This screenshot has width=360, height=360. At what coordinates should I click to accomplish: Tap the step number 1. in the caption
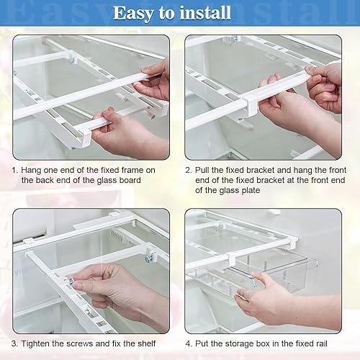click(x=15, y=170)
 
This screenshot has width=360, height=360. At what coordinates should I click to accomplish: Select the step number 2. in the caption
click(x=189, y=170)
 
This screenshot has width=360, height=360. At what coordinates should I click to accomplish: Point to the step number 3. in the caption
click(x=14, y=343)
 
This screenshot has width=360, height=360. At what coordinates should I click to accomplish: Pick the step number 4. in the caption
click(x=189, y=343)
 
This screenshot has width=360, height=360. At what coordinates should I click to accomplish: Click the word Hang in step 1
click(x=30, y=171)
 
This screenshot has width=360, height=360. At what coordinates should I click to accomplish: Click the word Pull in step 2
click(x=202, y=170)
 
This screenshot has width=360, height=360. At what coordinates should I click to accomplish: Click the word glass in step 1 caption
click(x=107, y=181)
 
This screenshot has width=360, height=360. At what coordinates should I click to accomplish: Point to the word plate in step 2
click(x=251, y=191)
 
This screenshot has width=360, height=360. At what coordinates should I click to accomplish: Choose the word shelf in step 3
click(x=147, y=343)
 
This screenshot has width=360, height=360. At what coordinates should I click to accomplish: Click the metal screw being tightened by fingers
click(x=71, y=281)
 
